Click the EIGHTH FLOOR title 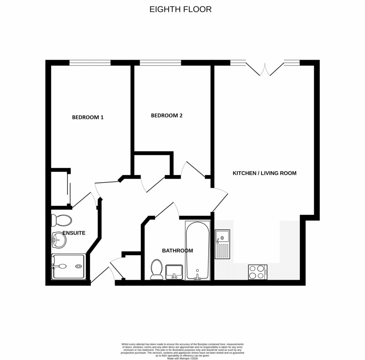180,9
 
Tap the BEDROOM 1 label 88,117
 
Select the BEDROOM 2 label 166,115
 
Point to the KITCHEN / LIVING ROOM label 264,173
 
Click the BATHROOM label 178,251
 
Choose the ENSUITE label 74,233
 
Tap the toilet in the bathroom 156,269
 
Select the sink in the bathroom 174,272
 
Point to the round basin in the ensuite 59,240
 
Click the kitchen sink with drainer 222,244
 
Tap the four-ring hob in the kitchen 258,272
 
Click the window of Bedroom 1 90,63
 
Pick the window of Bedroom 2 160,63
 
